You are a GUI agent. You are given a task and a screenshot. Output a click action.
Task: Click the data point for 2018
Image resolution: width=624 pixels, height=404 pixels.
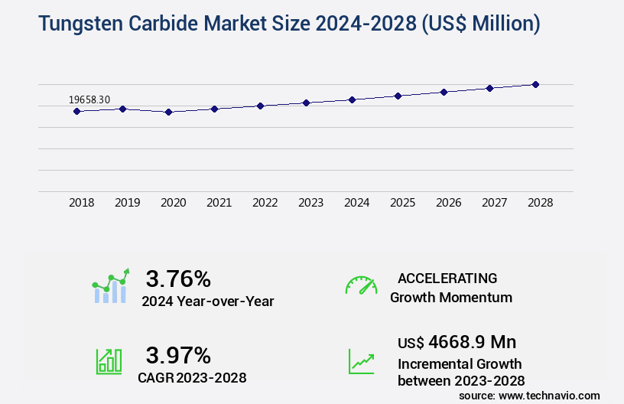coord(76,111)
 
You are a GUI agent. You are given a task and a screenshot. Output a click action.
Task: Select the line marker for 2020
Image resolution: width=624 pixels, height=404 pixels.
coord(168,112)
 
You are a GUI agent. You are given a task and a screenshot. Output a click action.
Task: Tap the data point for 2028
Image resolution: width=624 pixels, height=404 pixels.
coord(535,84)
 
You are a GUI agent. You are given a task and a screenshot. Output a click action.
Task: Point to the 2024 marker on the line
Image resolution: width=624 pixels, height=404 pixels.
coord(352,99)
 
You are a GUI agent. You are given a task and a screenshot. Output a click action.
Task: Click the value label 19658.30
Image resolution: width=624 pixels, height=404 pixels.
coord(89,99)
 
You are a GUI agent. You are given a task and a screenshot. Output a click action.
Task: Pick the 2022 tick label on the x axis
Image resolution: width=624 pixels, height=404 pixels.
coord(265,203)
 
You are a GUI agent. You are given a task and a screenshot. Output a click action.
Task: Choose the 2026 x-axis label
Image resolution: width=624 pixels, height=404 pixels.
coord(448,203)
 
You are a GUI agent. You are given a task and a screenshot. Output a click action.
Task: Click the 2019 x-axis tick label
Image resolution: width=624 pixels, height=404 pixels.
coord(127,203)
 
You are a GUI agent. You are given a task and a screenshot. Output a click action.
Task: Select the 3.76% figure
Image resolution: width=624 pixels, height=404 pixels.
coord(178,279)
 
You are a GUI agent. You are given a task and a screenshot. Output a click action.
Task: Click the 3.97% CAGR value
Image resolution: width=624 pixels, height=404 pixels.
coord(178,355)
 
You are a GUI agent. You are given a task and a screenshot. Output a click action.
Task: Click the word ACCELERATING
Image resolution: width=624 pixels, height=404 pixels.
coord(447,279)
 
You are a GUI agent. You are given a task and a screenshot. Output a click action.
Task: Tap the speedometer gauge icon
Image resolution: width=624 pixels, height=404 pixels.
coord(361,285)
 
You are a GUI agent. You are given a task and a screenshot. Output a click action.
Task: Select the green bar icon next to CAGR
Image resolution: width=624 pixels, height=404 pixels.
coord(109,361)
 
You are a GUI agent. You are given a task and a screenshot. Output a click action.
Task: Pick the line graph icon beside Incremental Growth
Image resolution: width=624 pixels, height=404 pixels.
coord(361,361)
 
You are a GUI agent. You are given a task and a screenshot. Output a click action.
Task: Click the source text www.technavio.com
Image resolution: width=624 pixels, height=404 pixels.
coord(550,395)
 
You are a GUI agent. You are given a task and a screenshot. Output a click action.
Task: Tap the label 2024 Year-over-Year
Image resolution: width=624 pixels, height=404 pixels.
coord(207,301)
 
